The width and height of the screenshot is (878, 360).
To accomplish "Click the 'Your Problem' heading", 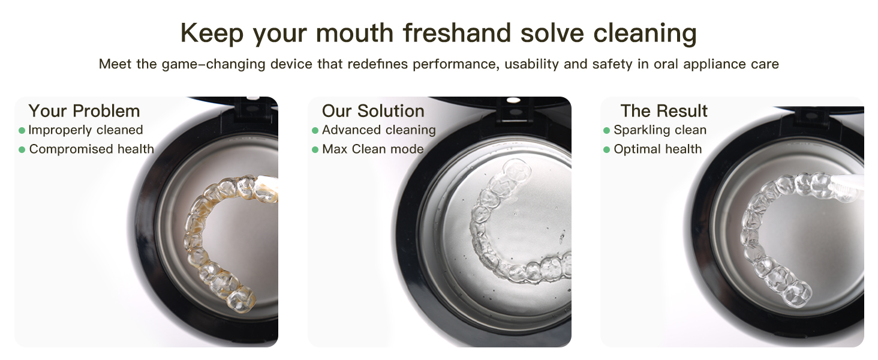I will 84,111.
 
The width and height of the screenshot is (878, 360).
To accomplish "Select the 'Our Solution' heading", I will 373,111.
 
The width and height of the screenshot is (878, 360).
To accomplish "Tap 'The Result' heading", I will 664,111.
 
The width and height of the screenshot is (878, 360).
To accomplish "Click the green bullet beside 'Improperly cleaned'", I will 22,130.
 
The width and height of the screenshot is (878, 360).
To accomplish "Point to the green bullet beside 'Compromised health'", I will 22,149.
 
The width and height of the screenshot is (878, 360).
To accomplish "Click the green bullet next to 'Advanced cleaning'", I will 315,130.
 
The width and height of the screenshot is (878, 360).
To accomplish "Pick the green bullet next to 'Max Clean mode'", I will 315,149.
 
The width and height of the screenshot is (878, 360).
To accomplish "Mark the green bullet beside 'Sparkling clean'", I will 607,130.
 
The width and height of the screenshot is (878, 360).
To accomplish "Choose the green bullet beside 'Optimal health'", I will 607,149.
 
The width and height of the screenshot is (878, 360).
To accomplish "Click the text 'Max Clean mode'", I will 372,149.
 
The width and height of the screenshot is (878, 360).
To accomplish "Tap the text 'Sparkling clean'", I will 660,130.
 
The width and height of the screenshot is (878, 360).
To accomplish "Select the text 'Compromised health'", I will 91,149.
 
